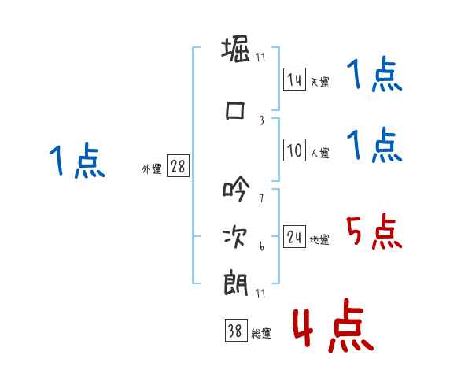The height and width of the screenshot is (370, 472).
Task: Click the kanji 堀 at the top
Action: pyautogui.click(x=236, y=50)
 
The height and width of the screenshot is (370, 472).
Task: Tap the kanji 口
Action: pyautogui.click(x=235, y=112)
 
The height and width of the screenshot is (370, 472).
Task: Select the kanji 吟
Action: pyautogui.click(x=235, y=189)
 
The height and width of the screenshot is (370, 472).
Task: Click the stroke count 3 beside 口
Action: pyautogui.click(x=261, y=120)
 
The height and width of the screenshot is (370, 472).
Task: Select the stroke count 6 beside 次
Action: pyautogui.click(x=261, y=246)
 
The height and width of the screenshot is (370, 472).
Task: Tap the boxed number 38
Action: pyautogui.click(x=235, y=331)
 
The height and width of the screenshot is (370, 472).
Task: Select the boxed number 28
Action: pyautogui.click(x=178, y=167)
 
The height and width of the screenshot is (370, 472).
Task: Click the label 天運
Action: pyautogui.click(x=319, y=82)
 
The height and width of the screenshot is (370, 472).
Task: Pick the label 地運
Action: pyautogui.click(x=319, y=240)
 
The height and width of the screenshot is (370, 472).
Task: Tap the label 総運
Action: pyautogui.click(x=260, y=334)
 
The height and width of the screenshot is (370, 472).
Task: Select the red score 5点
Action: pyautogui.click(x=374, y=231)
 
